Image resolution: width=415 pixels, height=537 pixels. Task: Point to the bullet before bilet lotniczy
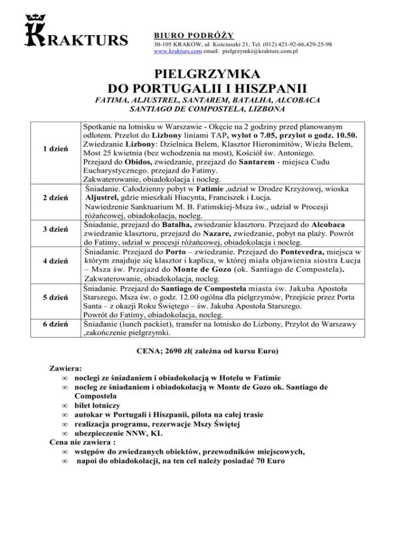64,405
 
